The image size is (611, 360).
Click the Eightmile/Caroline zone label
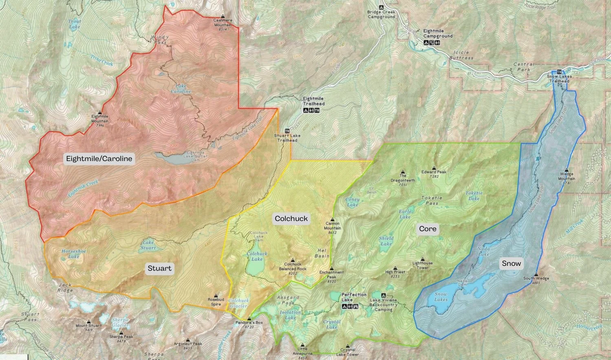click(x=99, y=159)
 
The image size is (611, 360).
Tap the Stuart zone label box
click(x=159, y=268)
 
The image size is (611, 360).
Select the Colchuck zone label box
click(x=291, y=219)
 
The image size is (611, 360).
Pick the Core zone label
click(x=428, y=229)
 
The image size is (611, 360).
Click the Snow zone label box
click(x=511, y=263)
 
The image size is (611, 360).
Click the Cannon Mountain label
click(x=332, y=226)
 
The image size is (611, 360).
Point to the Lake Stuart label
click(x=148, y=245)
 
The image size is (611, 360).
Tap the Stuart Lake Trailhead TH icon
click(x=287, y=131)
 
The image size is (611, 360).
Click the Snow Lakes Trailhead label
click(x=559, y=79)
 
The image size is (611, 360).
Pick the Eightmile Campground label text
click(x=437, y=33)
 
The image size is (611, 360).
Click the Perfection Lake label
click(x=354, y=297)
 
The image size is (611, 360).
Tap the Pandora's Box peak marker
click(x=249, y=318)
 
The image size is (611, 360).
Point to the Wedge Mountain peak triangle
click(x=566, y=170)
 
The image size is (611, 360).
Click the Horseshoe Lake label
click(x=74, y=254)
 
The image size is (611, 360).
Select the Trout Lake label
click(x=75, y=24)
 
